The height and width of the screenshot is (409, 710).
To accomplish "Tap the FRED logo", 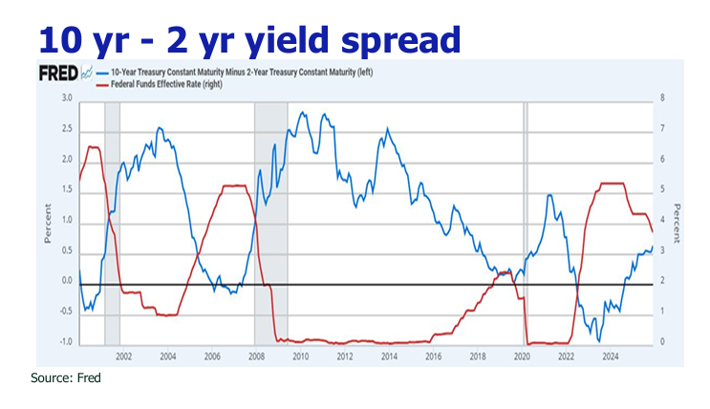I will [56, 72].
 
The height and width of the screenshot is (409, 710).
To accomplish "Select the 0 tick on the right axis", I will [661, 342].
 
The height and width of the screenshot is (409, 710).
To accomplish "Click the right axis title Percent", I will [676, 221].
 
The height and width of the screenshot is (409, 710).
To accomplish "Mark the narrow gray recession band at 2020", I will [525, 221].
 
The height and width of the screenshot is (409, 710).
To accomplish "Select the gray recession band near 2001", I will [112, 221].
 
